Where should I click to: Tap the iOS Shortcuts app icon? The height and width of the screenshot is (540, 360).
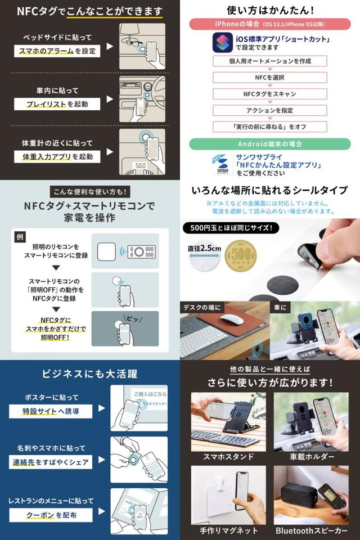pos(223,42)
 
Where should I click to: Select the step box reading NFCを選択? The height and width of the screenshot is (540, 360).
pos(270,78)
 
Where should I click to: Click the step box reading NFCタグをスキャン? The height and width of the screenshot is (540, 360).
pos(270,94)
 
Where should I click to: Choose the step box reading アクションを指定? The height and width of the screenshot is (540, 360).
pos(270,110)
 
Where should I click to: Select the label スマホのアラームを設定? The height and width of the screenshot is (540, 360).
pos(56,51)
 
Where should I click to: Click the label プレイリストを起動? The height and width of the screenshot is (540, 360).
pos(56,103)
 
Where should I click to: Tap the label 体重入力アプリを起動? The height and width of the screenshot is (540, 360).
pos(56,156)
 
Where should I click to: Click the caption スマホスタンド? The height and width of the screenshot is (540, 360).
pos(227,456)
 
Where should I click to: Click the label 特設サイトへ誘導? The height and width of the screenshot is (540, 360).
pos(51,411)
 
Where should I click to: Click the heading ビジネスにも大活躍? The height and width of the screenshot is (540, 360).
pos(89,374)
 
